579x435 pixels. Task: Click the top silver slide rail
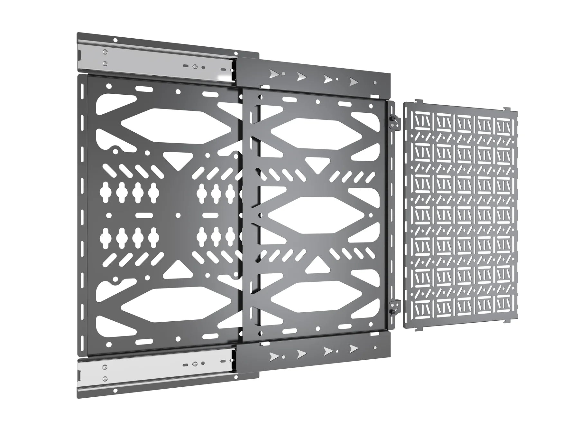(x=154, y=63)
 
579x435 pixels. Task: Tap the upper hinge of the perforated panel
(x=393, y=122)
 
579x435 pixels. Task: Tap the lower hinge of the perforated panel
(x=393, y=307)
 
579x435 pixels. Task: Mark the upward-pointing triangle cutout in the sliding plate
(x=317, y=264)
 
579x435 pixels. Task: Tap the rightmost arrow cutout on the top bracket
(x=353, y=81)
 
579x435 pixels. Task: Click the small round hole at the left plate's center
(x=176, y=215)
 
